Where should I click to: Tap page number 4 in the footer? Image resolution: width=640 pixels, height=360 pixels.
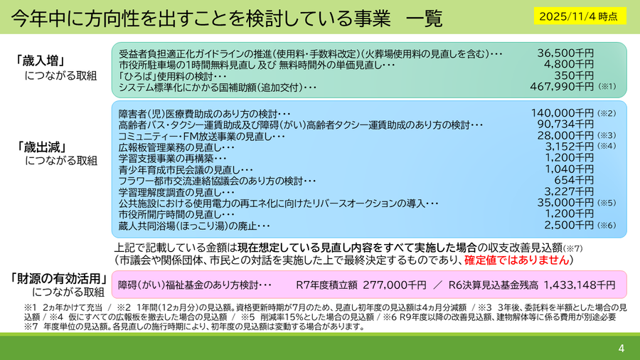point(621,348)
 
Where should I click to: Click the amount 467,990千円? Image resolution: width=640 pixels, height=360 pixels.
point(562,87)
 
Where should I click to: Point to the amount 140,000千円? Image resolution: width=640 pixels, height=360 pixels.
point(562,112)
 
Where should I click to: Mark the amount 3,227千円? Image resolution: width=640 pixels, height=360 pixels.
point(569,191)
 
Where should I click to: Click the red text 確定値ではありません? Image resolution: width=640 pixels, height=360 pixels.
point(519,260)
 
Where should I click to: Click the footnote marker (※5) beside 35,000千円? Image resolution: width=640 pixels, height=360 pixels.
point(606,203)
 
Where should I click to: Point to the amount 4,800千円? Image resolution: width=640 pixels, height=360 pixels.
point(569,65)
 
